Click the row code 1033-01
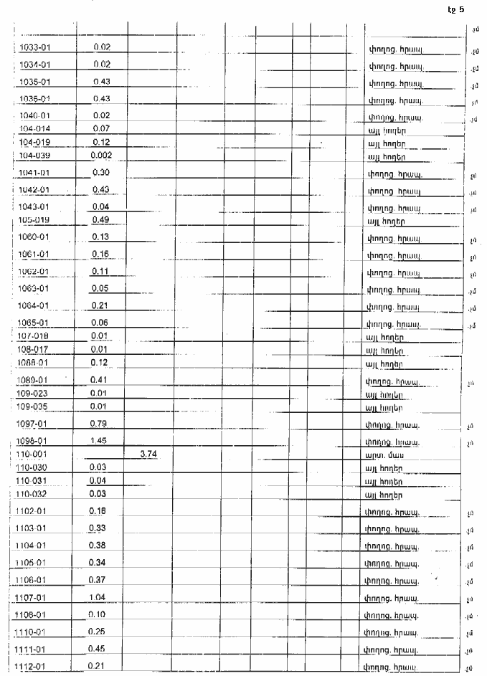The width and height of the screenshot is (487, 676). pos(34,47)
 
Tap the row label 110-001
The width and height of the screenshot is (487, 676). pos(32,454)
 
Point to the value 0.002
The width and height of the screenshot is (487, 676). pos(101,156)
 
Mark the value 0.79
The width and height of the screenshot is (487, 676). pos(101,424)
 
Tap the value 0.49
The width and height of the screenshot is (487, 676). pos(101,219)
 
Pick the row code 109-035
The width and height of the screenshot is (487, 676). pos(32,407)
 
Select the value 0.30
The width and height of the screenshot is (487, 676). pos(101,172)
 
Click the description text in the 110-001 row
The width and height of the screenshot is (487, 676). pos(379,455)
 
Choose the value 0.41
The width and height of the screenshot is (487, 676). pos(101,379)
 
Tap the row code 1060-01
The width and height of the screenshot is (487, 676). pos(34,237)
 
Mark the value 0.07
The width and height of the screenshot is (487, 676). pos(101,128)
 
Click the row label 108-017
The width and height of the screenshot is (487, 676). pos(32,349)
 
